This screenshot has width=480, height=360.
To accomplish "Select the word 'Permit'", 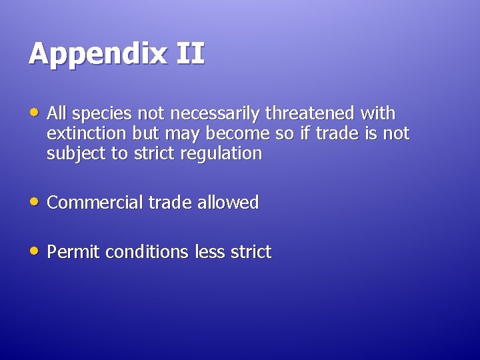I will (x=74, y=252).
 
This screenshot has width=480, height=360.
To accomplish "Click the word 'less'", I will (x=210, y=252).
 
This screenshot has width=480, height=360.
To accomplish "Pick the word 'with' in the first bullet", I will (x=378, y=113).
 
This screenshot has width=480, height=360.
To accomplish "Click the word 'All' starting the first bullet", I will (x=57, y=113).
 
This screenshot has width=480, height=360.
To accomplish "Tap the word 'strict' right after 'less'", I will (x=251, y=252).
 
